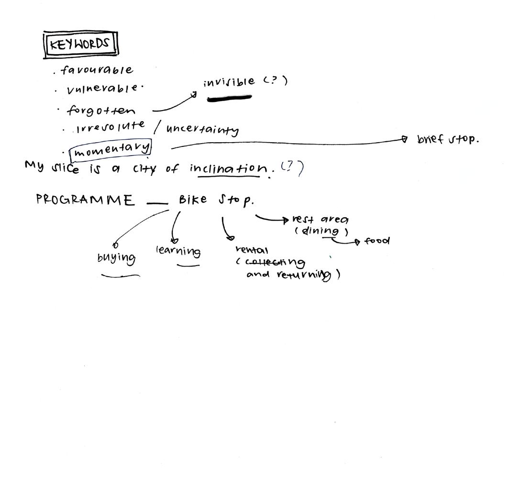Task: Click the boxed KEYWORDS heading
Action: tap(80, 45)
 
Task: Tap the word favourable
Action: tap(97, 70)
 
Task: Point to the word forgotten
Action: tap(101, 111)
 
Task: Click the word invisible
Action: tap(229, 82)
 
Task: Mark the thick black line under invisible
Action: tap(229, 98)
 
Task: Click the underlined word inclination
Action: tap(229, 168)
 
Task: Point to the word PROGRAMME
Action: tap(85, 200)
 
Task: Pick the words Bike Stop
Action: tap(216, 200)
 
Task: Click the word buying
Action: tap(116, 258)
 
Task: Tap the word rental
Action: tap(252, 250)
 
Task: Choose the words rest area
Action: tap(320, 220)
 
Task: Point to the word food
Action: tap(377, 241)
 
